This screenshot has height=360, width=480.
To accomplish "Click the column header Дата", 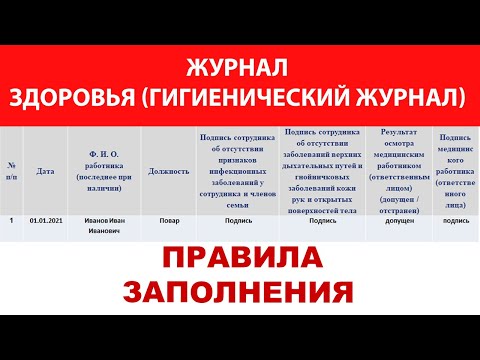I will coord(45,171).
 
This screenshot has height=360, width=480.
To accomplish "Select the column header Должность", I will coord(168,171).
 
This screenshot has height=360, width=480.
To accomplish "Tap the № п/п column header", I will coord(11,171).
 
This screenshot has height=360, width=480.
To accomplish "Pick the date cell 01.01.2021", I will coord(45,219).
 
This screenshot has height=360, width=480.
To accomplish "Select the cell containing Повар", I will coord(168,219).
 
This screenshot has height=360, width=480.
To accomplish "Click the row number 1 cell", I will coord(11,219).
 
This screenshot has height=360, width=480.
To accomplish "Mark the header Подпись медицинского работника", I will coord(456,170).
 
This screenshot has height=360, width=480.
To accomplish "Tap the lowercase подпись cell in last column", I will coord(456,219).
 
